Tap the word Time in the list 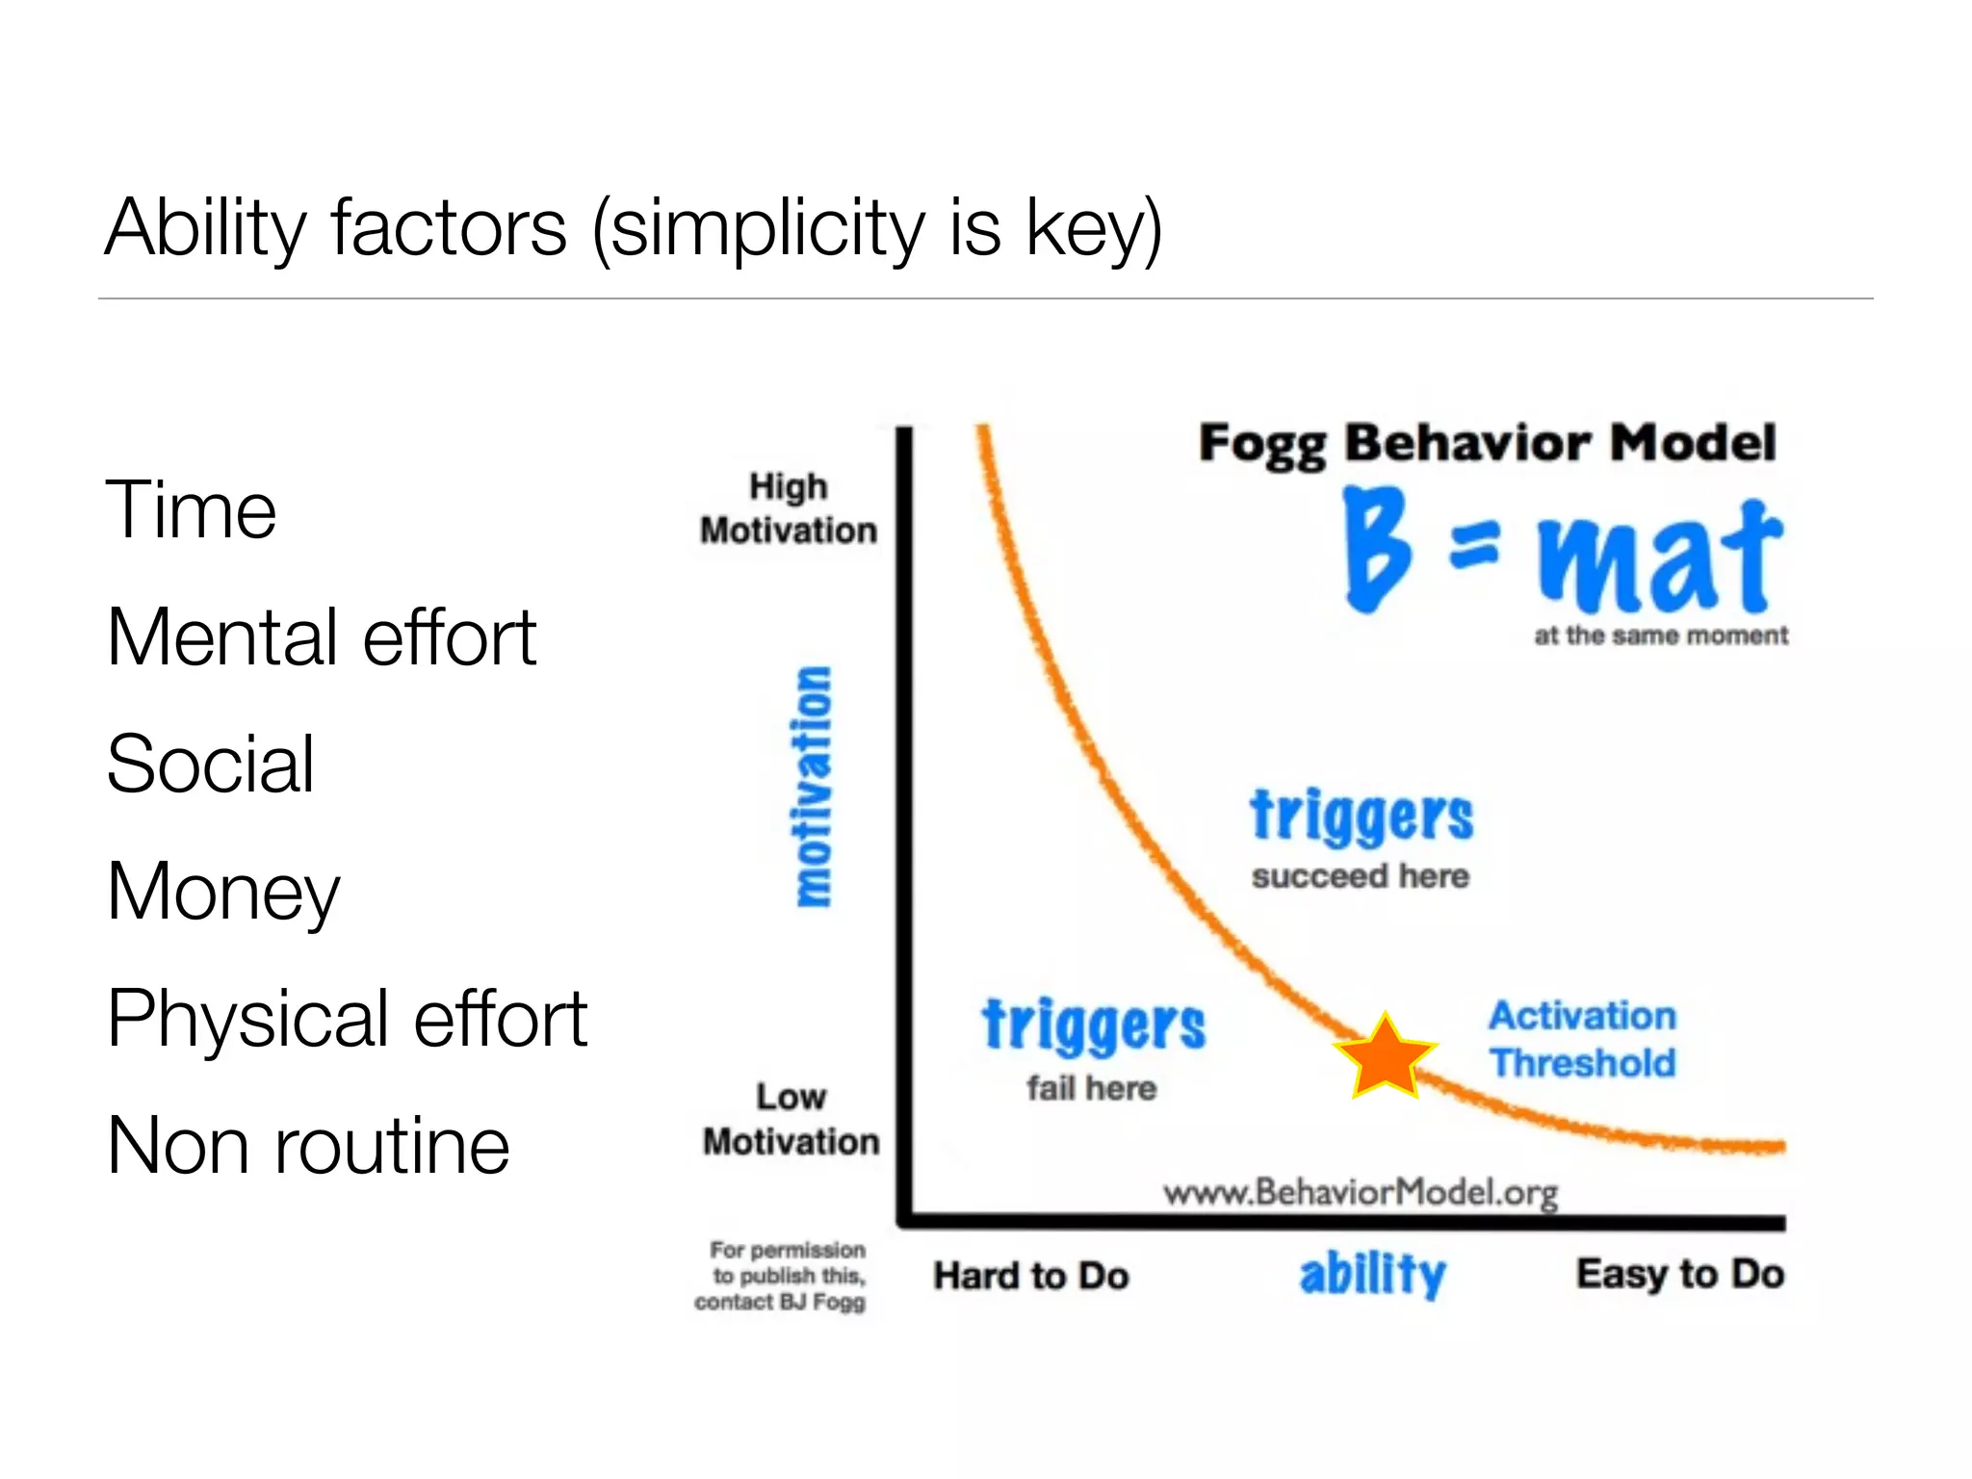pyautogui.click(x=191, y=509)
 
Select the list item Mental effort pyautogui.click(x=321, y=636)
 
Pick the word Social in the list pyautogui.click(x=210, y=764)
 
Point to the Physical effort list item pyautogui.click(x=347, y=1019)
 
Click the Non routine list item pyautogui.click(x=308, y=1146)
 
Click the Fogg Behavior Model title pyautogui.click(x=1487, y=444)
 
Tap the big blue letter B pyautogui.click(x=1376, y=549)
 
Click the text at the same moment pyautogui.click(x=1660, y=636)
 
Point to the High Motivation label pyautogui.click(x=789, y=508)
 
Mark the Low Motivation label pyautogui.click(x=791, y=1119)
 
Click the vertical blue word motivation pyautogui.click(x=815, y=786)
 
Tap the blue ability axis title pyautogui.click(x=1372, y=1274)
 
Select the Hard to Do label pyautogui.click(x=1030, y=1276)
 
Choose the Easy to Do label pyautogui.click(x=1679, y=1274)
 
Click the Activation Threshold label pyautogui.click(x=1582, y=1040)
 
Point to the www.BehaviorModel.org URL pyautogui.click(x=1360, y=1193)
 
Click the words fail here pyautogui.click(x=1091, y=1089)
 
